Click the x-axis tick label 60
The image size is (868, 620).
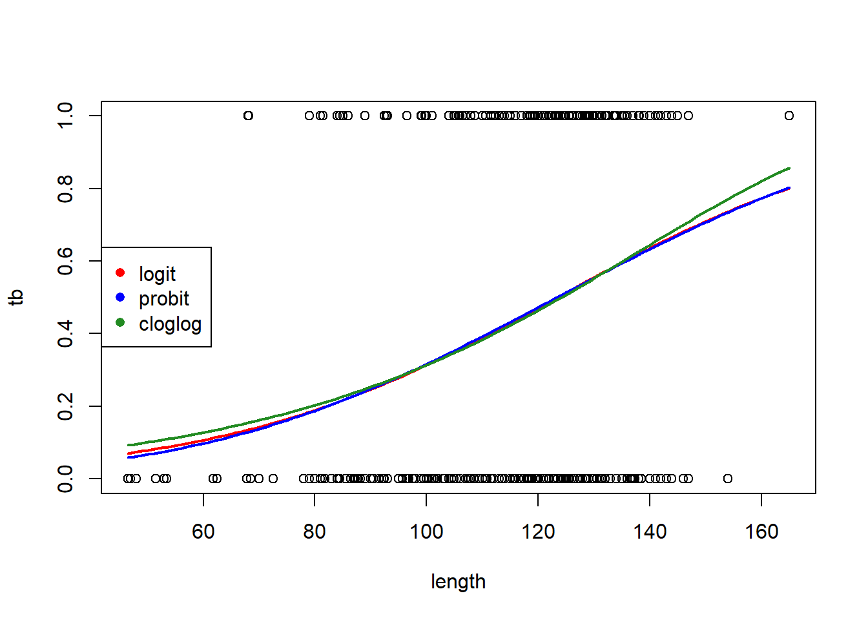pyautogui.click(x=203, y=532)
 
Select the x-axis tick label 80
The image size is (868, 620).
pyautogui.click(x=315, y=532)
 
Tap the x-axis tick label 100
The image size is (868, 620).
pyautogui.click(x=426, y=532)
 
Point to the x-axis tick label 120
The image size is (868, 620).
pyautogui.click(x=538, y=532)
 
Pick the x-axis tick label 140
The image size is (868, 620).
pyautogui.click(x=650, y=532)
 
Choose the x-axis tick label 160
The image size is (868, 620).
pyautogui.click(x=761, y=532)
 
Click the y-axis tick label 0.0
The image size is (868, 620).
pyautogui.click(x=65, y=479)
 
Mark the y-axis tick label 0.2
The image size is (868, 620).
pyautogui.click(x=65, y=406)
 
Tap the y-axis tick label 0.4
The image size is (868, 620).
pyautogui.click(x=65, y=333)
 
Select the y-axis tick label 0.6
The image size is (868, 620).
pyautogui.click(x=65, y=261)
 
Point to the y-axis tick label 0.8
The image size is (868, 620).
pyautogui.click(x=65, y=189)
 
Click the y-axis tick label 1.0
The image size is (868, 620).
pyautogui.click(x=65, y=116)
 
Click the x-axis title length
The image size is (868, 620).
pyautogui.click(x=458, y=581)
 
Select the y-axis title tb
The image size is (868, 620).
pyautogui.click(x=16, y=297)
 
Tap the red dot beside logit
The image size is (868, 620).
pyautogui.click(x=120, y=273)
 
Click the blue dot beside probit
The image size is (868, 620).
pyautogui.click(x=120, y=298)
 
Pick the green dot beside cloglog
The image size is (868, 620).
pyautogui.click(x=120, y=322)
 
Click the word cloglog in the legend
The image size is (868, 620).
pyautogui.click(x=170, y=324)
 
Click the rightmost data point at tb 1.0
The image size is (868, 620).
pyautogui.click(x=789, y=116)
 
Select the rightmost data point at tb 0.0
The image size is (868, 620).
pyautogui.click(x=728, y=479)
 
